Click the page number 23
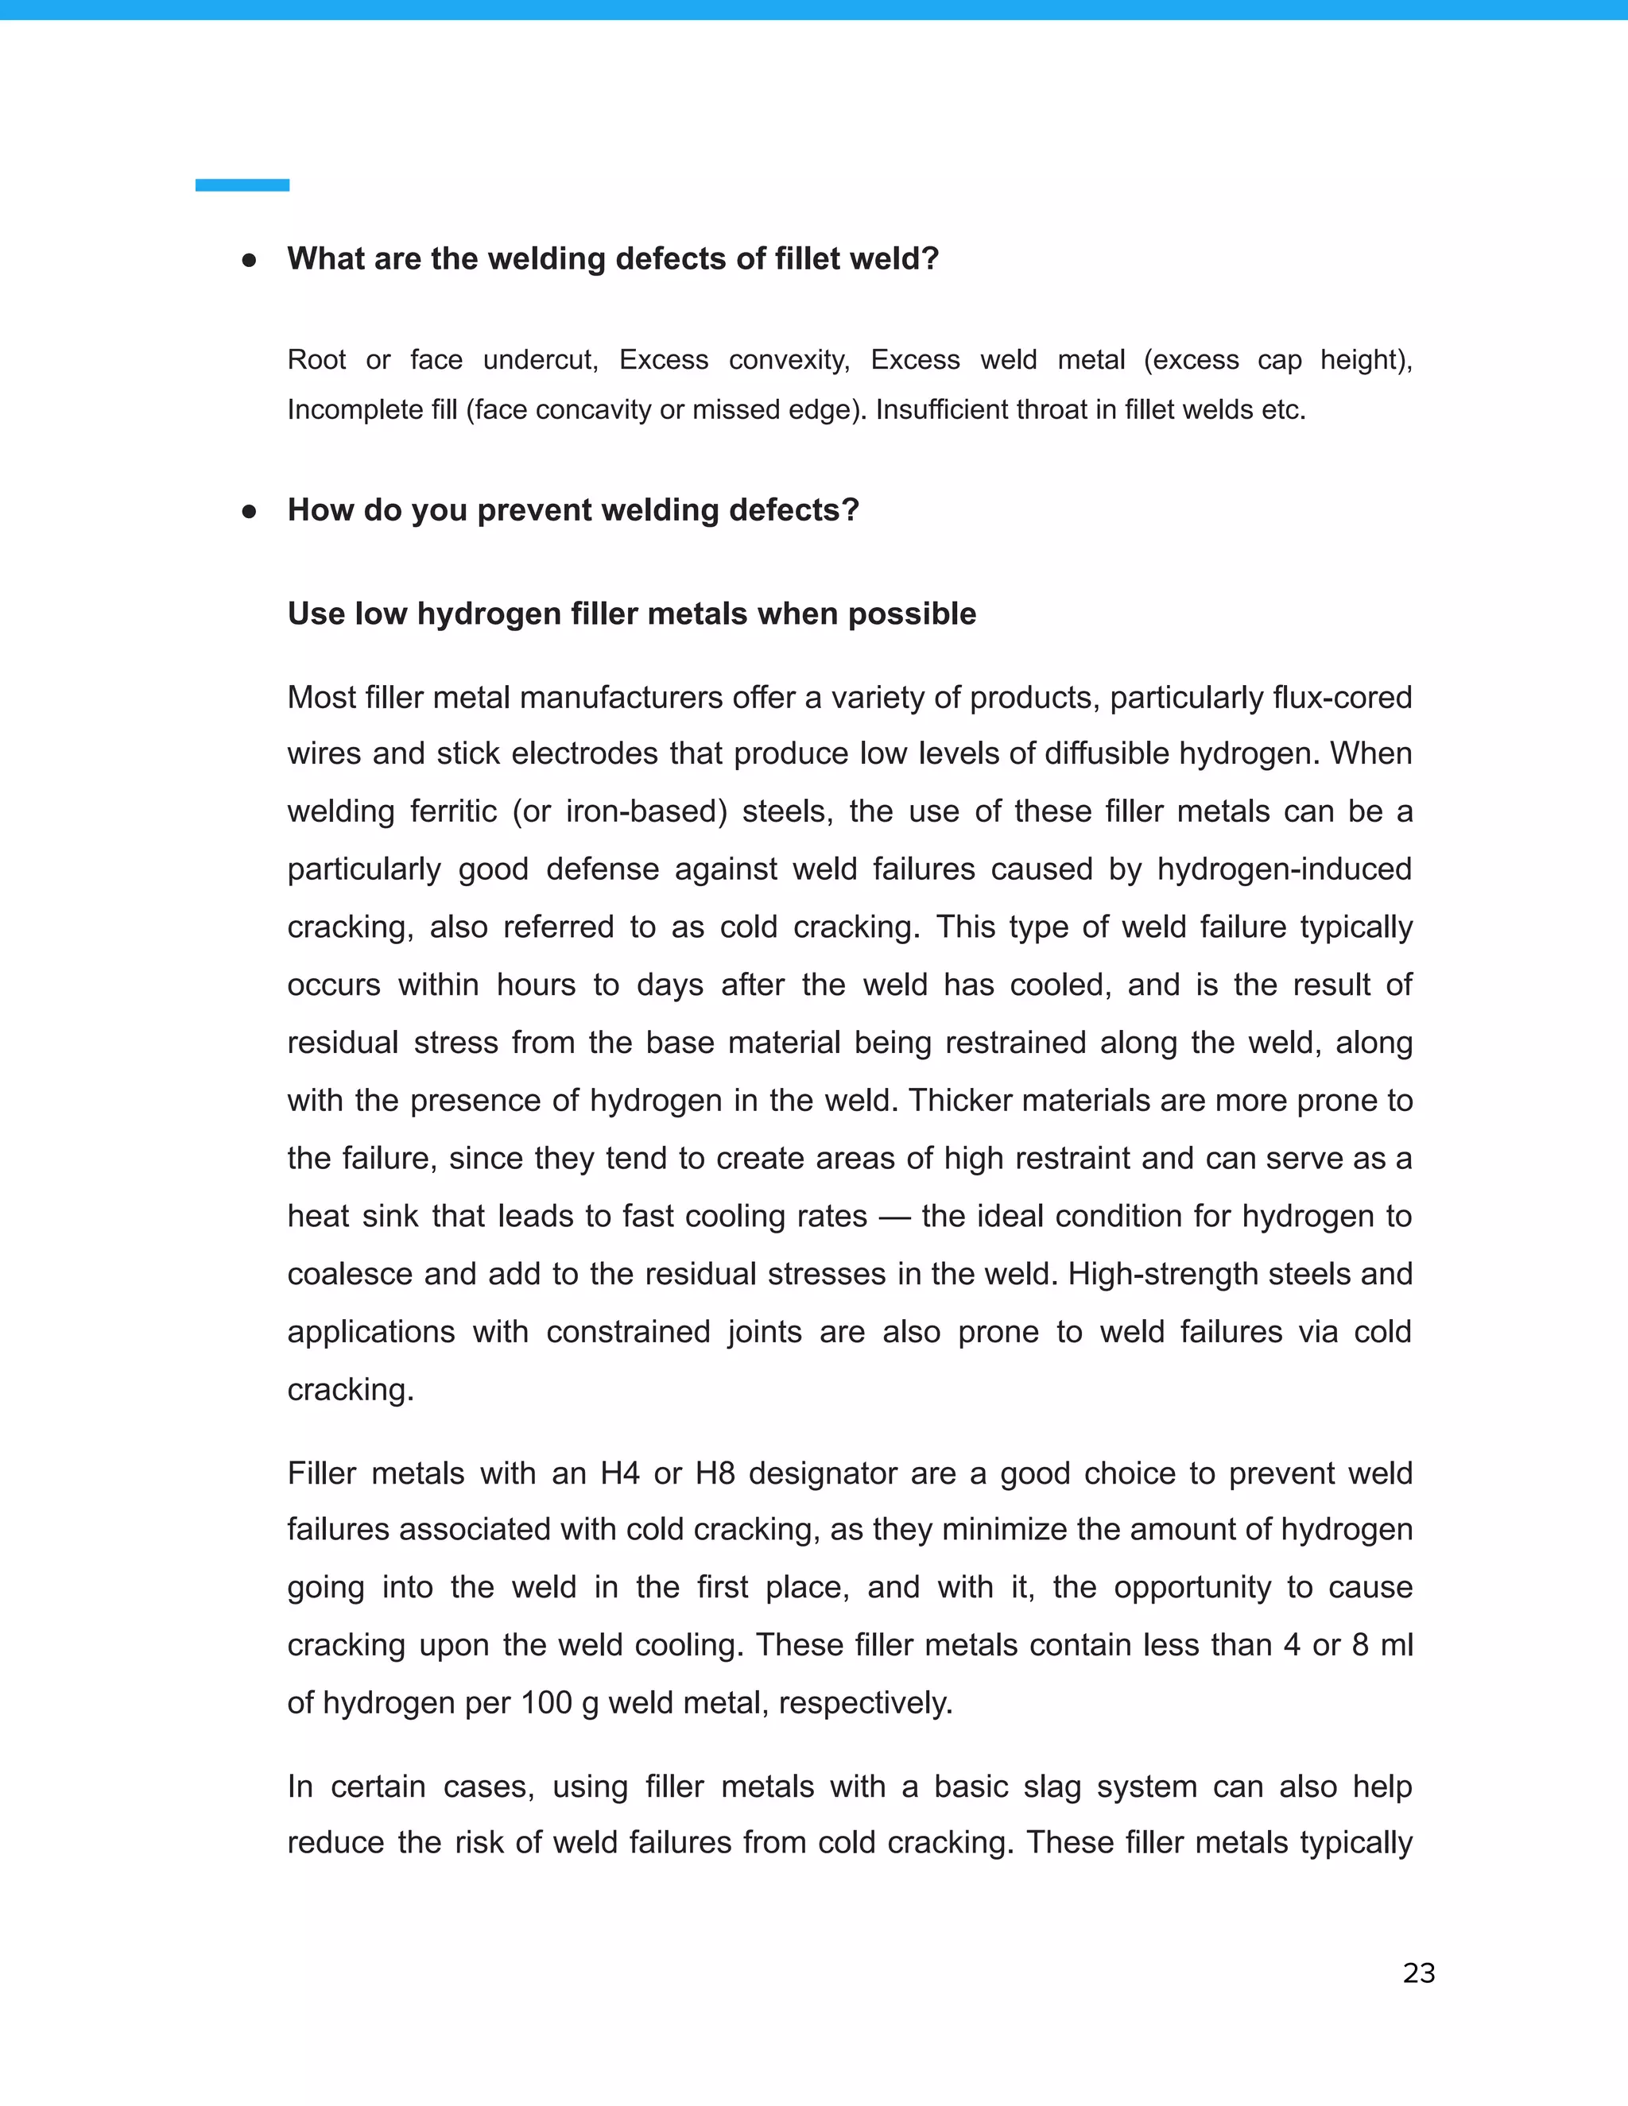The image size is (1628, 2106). coord(1419,1973)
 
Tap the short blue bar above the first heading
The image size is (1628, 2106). coord(242,185)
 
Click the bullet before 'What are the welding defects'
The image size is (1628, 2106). coord(249,261)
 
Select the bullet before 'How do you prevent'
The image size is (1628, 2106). coord(249,511)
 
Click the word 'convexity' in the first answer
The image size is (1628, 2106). coord(788,361)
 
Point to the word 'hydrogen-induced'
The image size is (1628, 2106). coord(1284,869)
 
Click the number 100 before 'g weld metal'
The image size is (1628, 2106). coord(547,1703)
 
